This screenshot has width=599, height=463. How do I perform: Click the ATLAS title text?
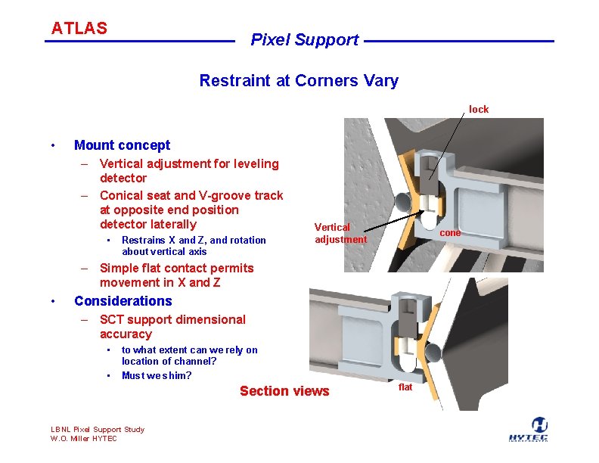79,29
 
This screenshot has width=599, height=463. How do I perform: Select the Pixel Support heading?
304,40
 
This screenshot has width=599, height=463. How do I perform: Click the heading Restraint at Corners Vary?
299,80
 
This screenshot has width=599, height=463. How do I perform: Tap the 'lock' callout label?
478,110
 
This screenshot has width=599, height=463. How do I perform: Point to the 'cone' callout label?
450,233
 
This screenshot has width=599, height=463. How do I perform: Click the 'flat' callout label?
405,387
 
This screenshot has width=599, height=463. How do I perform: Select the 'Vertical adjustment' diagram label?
340,233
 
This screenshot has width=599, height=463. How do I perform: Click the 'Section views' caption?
284,391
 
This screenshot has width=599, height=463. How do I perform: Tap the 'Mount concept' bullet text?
122,145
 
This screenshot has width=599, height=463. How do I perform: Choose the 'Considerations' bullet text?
123,301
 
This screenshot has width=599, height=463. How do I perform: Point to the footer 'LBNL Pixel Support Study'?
97,430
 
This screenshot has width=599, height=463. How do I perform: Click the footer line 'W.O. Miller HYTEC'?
83,439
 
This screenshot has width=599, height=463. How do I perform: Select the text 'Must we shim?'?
157,376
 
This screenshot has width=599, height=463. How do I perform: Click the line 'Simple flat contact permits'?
176,268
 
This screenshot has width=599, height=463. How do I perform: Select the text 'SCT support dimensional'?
172,319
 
